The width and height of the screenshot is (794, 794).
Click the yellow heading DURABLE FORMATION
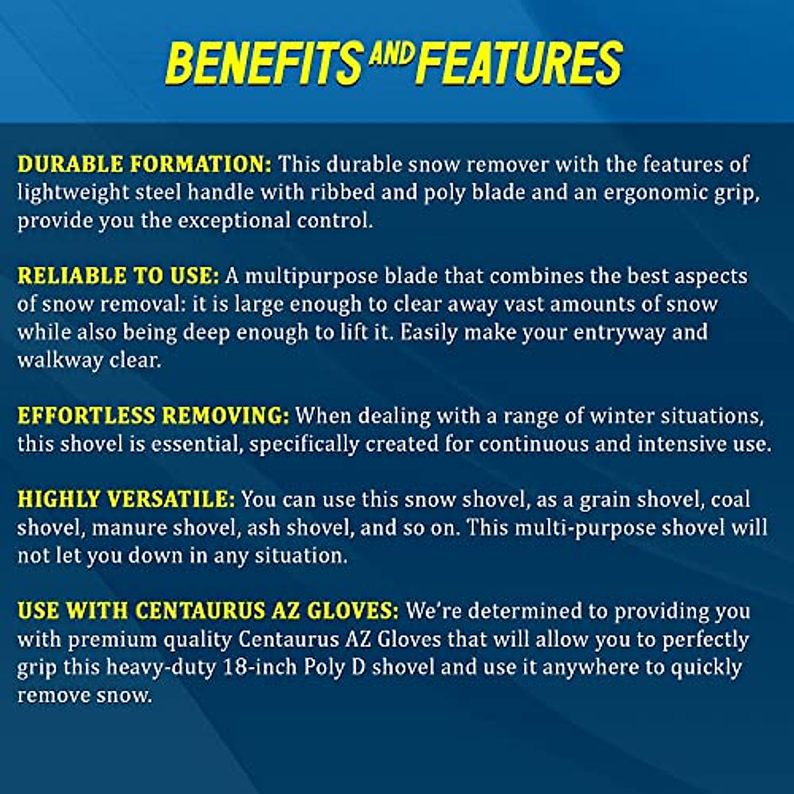(x=145, y=164)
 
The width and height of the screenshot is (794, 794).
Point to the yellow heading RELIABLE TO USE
(x=118, y=276)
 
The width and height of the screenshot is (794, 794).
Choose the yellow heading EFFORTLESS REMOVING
(x=154, y=416)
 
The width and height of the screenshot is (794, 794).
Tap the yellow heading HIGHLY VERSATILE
(x=126, y=500)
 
